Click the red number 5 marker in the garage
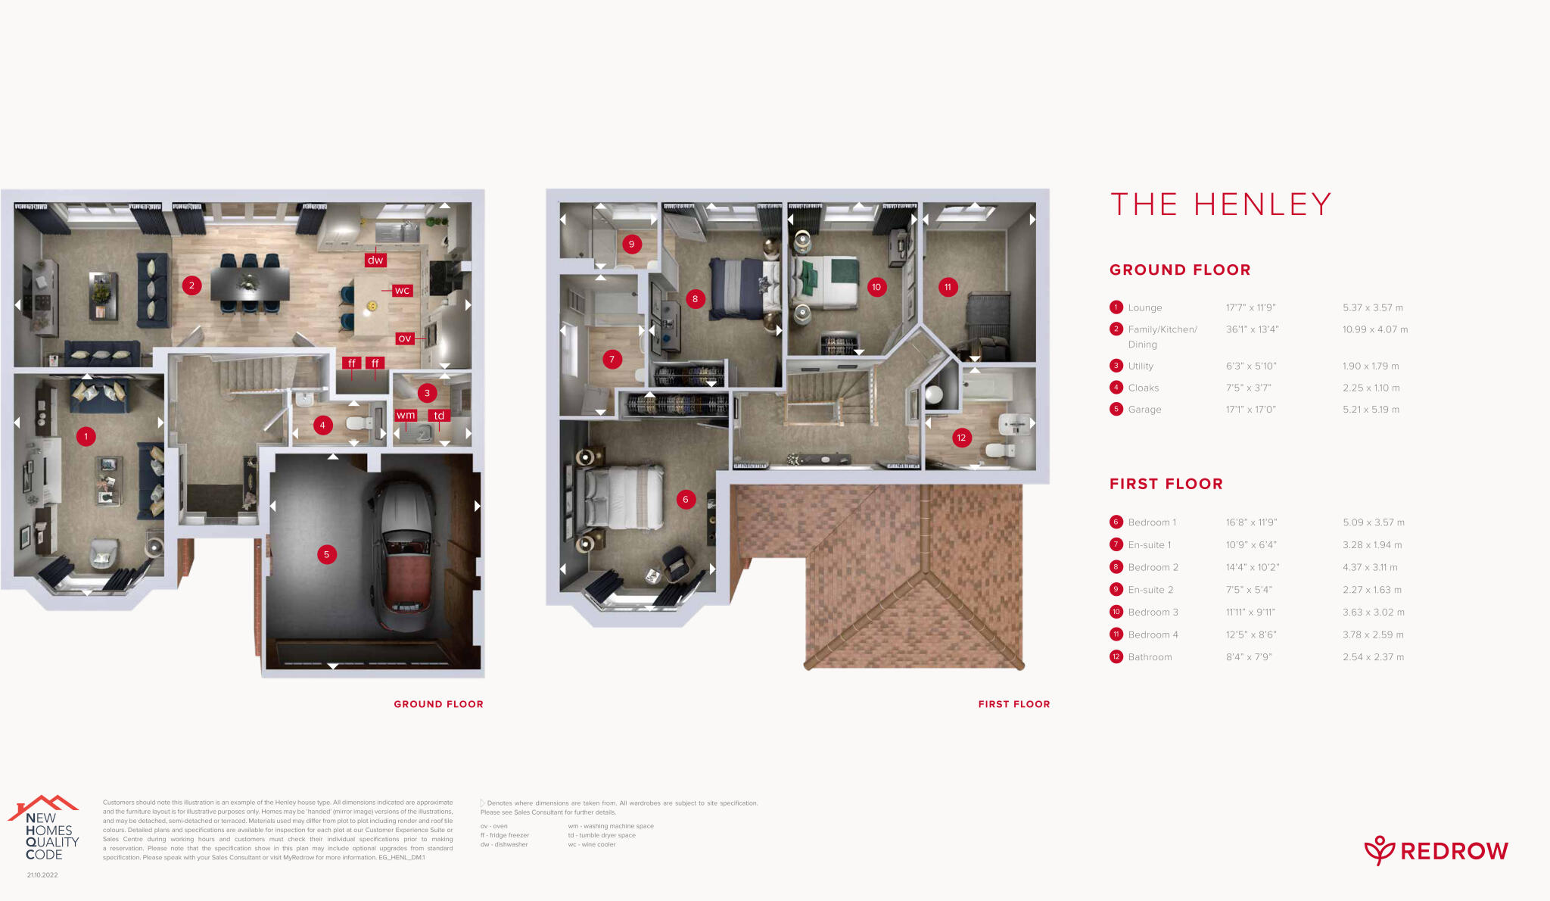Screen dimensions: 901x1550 [x=326, y=554]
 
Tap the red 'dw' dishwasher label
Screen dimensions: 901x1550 [x=375, y=260]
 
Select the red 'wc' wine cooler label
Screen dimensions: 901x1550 [x=402, y=290]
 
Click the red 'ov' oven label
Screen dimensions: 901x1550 [x=405, y=338]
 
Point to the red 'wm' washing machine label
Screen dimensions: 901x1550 [x=406, y=415]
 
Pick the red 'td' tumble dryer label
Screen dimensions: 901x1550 [x=439, y=415]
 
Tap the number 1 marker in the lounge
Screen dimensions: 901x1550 [x=86, y=436]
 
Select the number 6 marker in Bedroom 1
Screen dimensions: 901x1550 [x=685, y=499]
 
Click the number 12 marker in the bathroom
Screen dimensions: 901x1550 [x=961, y=438]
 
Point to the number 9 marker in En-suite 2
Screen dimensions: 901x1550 [x=631, y=244]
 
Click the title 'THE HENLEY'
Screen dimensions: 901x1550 [x=1220, y=204]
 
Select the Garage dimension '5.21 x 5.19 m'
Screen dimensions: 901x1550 [x=1371, y=410]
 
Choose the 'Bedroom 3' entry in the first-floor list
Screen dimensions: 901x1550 [x=1153, y=612]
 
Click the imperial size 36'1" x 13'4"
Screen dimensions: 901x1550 [x=1252, y=329]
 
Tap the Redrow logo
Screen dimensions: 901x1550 [x=1436, y=851]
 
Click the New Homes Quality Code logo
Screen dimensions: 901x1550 [x=45, y=829]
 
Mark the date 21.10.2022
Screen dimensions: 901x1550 [x=42, y=875]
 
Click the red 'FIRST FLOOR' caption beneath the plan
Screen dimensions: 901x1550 [x=1013, y=704]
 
